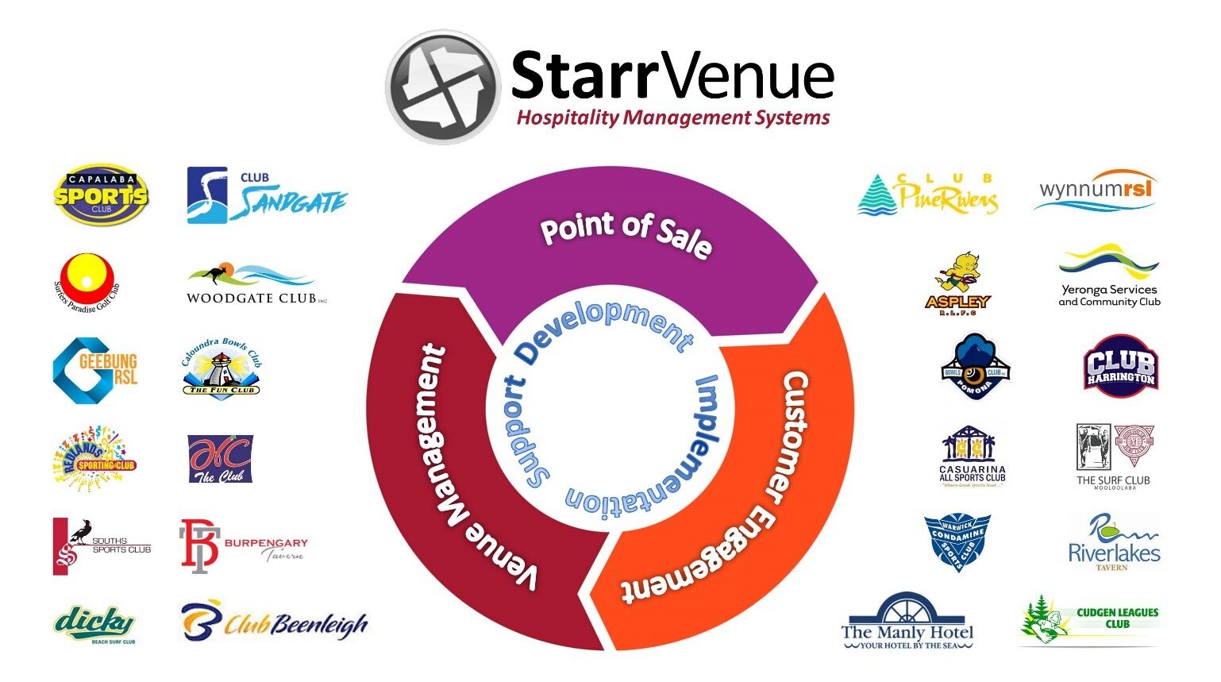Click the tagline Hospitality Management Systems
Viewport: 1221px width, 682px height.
pyautogui.click(x=673, y=118)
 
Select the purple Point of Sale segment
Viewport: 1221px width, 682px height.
pyautogui.click(x=611, y=238)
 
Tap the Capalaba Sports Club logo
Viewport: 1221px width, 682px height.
pyautogui.click(x=100, y=195)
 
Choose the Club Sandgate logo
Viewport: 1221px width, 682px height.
pyautogui.click(x=266, y=195)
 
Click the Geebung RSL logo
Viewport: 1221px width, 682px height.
pyautogui.click(x=95, y=371)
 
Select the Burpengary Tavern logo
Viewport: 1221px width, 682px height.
pyautogui.click(x=242, y=545)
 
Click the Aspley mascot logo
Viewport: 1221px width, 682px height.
pyautogui.click(x=957, y=284)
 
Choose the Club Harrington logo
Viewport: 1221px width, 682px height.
pyautogui.click(x=1120, y=366)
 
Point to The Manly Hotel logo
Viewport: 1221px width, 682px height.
pyautogui.click(x=907, y=622)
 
